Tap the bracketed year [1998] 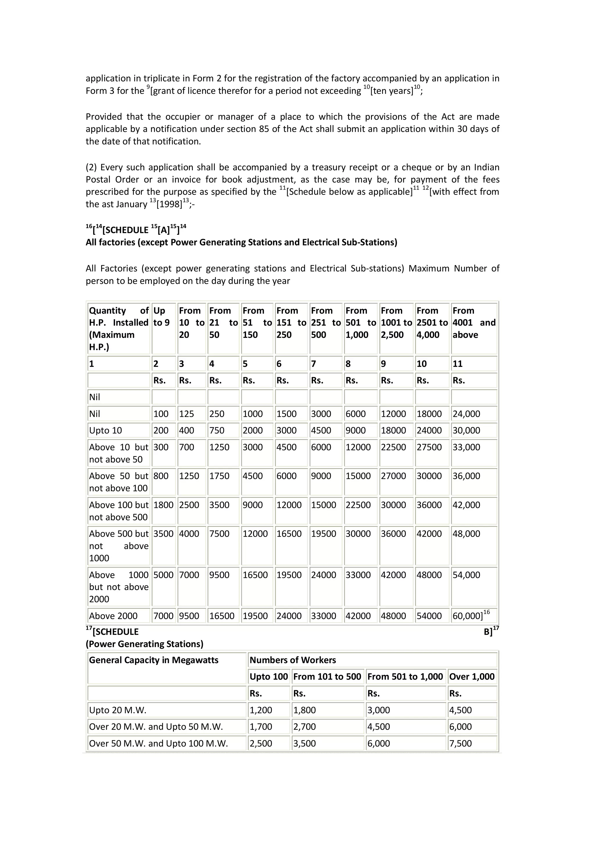(x=169, y=204)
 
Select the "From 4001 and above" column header (x=474, y=323)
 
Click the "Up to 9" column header (x=161, y=317)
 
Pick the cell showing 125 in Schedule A (x=187, y=414)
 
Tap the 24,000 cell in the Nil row (x=466, y=414)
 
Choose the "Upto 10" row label (x=105, y=430)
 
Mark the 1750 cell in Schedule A (x=219, y=476)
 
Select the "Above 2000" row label (x=113, y=616)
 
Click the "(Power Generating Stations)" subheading (x=144, y=644)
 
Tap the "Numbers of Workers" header (x=293, y=660)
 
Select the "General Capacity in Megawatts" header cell (x=154, y=660)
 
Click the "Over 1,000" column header (x=472, y=676)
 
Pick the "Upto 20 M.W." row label (x=118, y=710)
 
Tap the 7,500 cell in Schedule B (x=460, y=743)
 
